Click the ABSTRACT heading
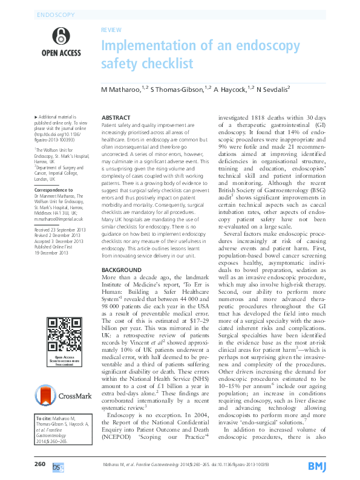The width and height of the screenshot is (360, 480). point(116,117)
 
